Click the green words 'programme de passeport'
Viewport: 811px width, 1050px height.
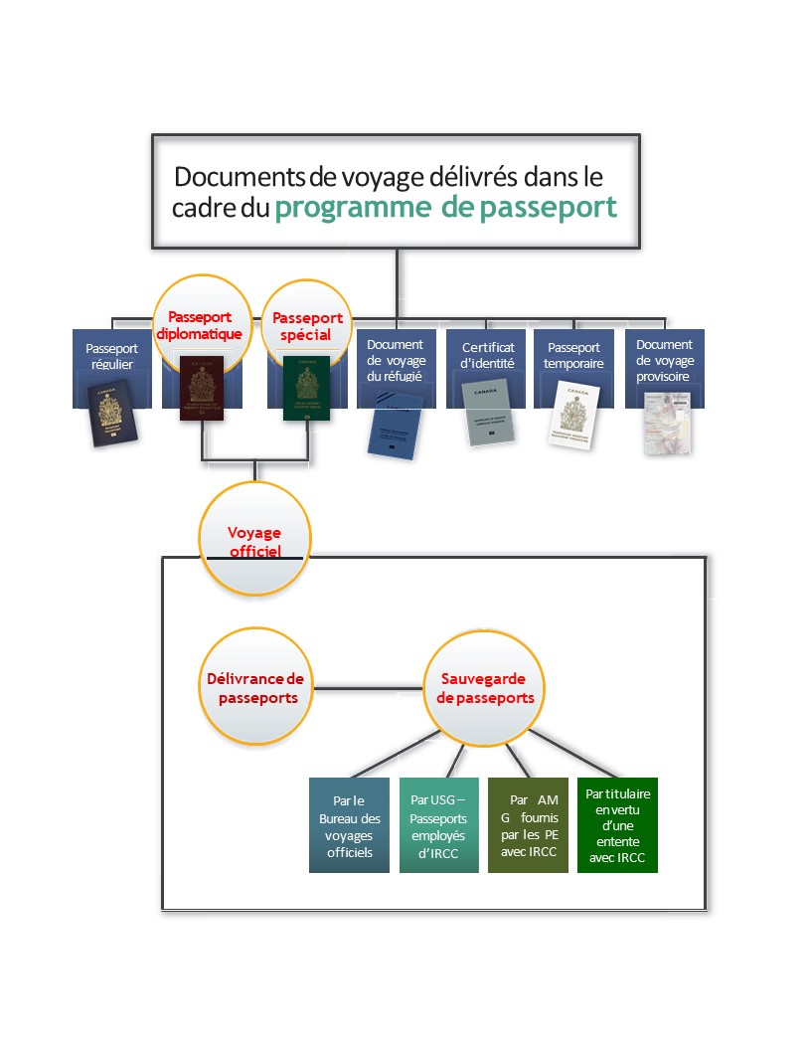tap(446, 207)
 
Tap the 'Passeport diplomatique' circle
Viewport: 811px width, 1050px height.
tap(199, 323)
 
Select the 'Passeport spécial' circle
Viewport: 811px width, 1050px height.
tap(307, 325)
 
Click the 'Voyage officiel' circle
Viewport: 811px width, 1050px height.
tap(254, 541)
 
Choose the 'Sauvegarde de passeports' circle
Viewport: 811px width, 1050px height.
tap(485, 687)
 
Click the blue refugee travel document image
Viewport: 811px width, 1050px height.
tap(396, 427)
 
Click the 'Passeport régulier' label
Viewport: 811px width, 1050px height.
tap(111, 356)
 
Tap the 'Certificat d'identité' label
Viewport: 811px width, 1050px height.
tap(488, 355)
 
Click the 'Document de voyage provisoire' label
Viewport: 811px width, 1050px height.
tap(665, 361)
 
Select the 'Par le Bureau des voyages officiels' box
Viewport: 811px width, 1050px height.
tap(349, 825)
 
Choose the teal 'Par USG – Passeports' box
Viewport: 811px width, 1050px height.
tap(438, 825)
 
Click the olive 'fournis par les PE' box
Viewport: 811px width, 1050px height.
tap(528, 825)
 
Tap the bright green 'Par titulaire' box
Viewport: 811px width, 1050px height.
tap(617, 825)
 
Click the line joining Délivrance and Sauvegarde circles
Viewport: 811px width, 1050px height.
tap(370, 687)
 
